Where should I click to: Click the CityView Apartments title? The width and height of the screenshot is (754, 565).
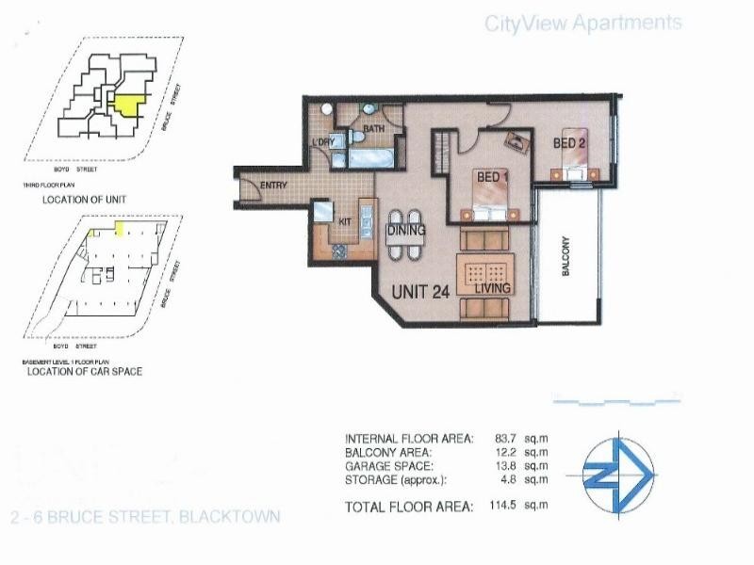[582, 24]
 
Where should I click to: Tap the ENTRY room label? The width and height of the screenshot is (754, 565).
[272, 186]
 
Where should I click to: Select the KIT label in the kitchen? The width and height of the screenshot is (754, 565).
[344, 222]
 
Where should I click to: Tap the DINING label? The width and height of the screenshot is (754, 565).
[406, 230]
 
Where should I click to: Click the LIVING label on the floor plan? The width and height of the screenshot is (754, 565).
[492, 289]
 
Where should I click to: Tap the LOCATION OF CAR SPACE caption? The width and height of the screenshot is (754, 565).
[85, 372]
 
